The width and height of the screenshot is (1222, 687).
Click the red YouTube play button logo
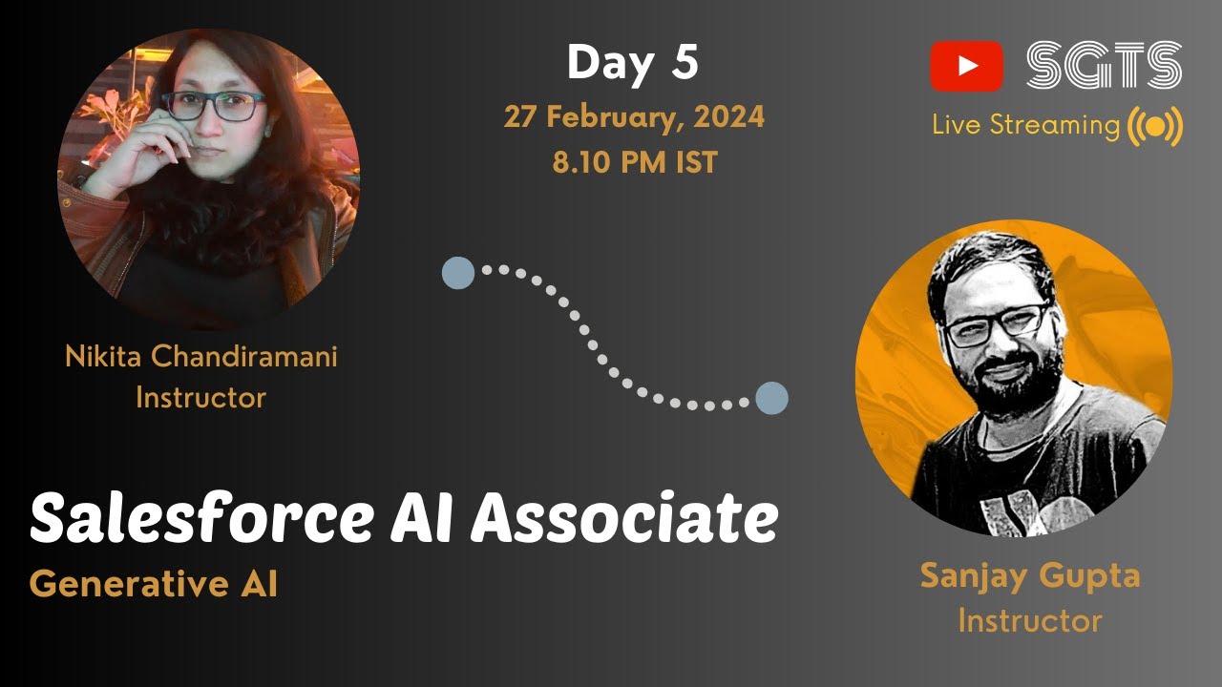coord(966,66)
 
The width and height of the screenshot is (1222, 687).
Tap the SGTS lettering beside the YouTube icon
coord(1104,66)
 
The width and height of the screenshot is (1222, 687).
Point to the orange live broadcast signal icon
coord(1155,127)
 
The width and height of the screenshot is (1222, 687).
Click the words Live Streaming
coord(1025,125)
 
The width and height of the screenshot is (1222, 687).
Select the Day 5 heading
coord(633,63)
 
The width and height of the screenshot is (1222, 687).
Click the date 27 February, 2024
coord(634,116)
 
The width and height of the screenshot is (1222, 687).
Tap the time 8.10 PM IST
coord(634,162)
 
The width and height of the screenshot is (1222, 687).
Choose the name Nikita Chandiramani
coord(200,358)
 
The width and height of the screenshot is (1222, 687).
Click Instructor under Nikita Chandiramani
coord(200,397)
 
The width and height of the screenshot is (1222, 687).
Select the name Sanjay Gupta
coord(1029,576)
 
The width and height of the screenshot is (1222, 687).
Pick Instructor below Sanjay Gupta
coord(1029,621)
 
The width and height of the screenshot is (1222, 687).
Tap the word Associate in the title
coord(624,520)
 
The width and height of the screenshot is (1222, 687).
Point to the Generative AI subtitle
coord(153,584)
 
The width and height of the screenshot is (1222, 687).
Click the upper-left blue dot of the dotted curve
coord(458,273)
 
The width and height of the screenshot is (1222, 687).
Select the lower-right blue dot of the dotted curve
coord(771,398)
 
